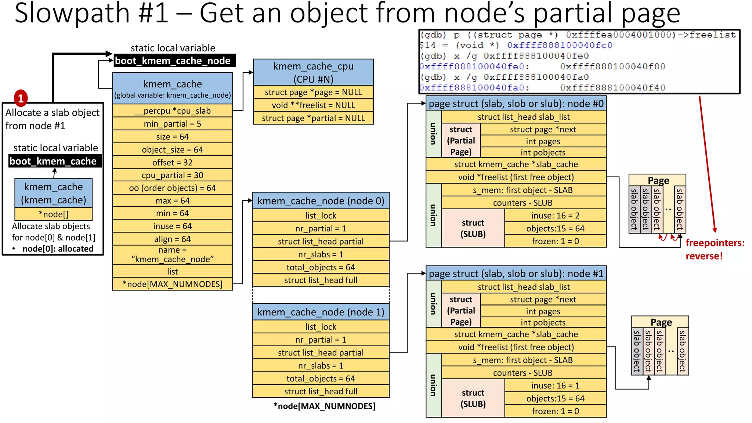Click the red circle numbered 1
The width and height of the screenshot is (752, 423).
(21, 98)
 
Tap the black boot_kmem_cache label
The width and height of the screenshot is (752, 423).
(54, 161)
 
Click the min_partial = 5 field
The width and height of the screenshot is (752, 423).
(172, 124)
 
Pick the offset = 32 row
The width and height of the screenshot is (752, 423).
(172, 162)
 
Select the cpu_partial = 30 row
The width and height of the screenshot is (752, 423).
(172, 175)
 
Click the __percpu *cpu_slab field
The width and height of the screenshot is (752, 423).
(172, 111)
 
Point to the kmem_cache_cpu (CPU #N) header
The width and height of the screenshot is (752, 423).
(313, 72)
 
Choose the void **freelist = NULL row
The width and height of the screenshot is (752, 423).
(313, 105)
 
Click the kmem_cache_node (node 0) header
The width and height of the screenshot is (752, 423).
(321, 201)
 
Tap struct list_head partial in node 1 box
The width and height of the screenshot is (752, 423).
(321, 352)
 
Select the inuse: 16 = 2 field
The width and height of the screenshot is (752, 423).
(555, 216)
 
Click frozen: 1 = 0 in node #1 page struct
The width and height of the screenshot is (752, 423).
(555, 411)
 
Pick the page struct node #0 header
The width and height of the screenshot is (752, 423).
(516, 104)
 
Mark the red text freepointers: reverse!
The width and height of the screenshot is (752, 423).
(714, 249)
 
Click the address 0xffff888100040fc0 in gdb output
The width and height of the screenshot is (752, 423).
(560, 46)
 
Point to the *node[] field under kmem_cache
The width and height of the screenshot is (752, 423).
(54, 214)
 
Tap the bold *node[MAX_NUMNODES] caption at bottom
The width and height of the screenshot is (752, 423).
(324, 406)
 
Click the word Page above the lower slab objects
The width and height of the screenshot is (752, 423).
(661, 322)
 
